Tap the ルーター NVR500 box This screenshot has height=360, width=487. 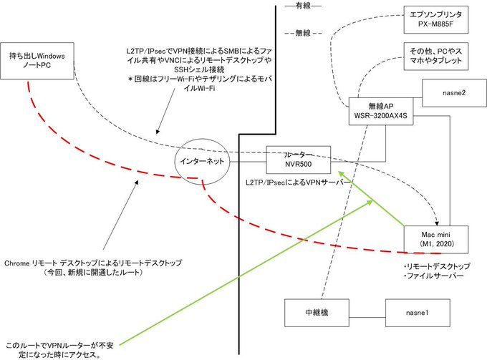[298, 160]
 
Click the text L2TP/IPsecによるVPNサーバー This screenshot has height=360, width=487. [297, 184]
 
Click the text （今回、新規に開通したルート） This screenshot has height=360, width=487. [93, 273]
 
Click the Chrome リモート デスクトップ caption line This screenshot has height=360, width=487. [93, 263]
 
